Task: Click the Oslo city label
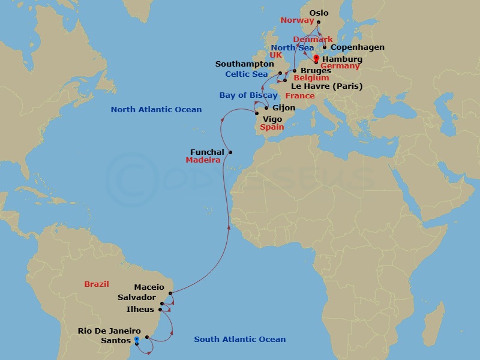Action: pyautogui.click(x=319, y=13)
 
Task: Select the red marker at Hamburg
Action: pyautogui.click(x=316, y=58)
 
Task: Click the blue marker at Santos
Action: pyautogui.click(x=136, y=340)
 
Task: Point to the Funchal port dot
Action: pyautogui.click(x=230, y=152)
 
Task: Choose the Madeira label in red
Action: pyautogui.click(x=203, y=161)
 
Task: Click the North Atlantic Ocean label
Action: pyautogui.click(x=156, y=110)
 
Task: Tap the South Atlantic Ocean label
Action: pyautogui.click(x=239, y=340)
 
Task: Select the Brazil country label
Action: pyautogui.click(x=97, y=284)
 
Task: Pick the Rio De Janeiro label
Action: pyautogui.click(x=109, y=331)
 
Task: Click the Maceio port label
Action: pyautogui.click(x=149, y=287)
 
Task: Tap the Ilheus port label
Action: pyautogui.click(x=140, y=310)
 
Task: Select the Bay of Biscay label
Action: pyautogui.click(x=248, y=95)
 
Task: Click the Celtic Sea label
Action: pyautogui.click(x=247, y=74)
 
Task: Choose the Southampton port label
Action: pyautogui.click(x=245, y=64)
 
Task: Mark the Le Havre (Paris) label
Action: pyautogui.click(x=327, y=86)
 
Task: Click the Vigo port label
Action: pyautogui.click(x=272, y=119)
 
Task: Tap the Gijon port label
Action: pyautogui.click(x=284, y=108)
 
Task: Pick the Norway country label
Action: pyautogui.click(x=297, y=20)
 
